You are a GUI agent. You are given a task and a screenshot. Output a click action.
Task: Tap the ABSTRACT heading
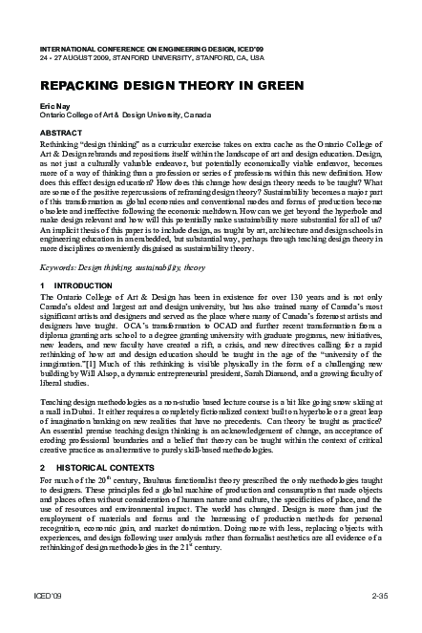62,131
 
